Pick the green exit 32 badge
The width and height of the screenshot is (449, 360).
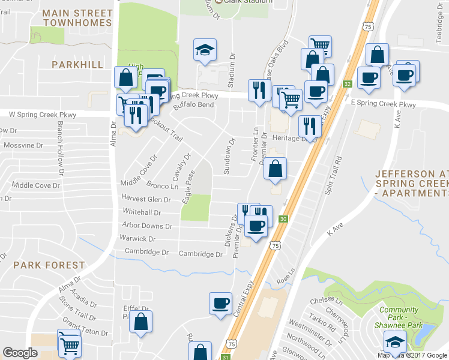347,85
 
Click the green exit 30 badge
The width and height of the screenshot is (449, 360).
283,220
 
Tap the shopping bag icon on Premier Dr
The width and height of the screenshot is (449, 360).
275,169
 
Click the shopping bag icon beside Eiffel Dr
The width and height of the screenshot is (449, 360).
140,322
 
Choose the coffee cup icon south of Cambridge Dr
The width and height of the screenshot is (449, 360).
220,303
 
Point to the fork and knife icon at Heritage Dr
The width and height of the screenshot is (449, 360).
310,126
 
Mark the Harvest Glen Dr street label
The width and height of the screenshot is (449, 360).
146,199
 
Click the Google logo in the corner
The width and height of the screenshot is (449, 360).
20,353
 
